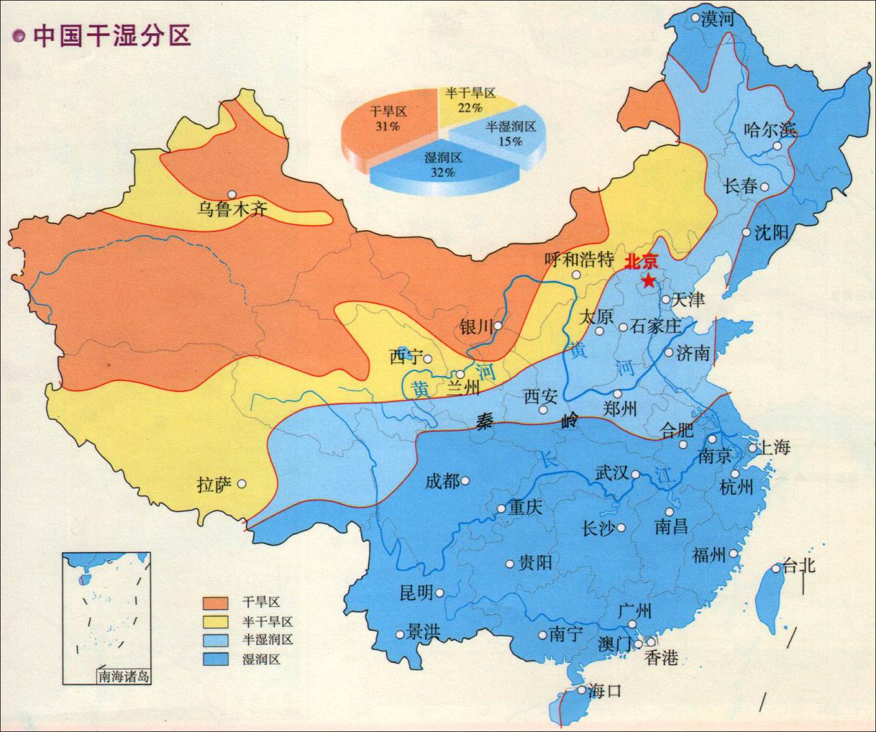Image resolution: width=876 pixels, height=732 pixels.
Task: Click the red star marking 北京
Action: point(649,280)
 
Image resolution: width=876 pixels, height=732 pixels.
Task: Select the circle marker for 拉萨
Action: point(241,484)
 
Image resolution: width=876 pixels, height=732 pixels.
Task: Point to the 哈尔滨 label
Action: point(770,129)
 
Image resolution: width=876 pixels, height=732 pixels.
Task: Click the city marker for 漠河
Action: point(695,18)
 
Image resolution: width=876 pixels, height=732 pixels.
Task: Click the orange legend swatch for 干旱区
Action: point(216,603)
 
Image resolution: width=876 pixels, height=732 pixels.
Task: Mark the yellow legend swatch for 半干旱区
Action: point(216,621)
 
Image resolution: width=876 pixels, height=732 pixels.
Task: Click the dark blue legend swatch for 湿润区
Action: point(216,659)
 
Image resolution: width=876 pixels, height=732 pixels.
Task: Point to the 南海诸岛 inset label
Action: point(124,677)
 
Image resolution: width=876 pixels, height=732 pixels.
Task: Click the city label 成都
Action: point(442,481)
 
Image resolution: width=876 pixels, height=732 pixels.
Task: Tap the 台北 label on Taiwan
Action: point(799,567)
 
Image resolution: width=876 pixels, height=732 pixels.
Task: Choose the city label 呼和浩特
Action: point(579,260)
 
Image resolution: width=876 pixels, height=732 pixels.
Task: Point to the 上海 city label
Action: point(774,447)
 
